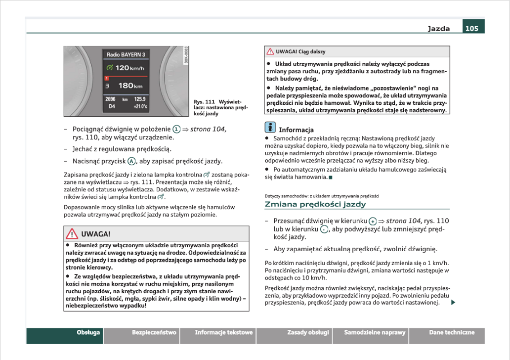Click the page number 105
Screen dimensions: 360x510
472,29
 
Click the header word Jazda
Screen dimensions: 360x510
439,29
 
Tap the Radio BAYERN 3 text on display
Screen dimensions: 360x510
126,54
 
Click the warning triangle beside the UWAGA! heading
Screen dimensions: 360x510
72,234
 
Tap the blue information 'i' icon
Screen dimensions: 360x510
270,127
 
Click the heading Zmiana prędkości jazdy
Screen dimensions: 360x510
315,204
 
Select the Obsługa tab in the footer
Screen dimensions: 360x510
88,333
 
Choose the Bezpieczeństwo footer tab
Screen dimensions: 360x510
154,333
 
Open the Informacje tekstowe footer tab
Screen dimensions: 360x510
223,333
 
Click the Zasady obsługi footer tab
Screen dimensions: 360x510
308,333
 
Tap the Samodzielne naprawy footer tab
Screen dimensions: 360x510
375,333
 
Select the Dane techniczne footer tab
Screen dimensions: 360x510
452,333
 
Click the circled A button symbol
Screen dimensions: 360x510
131,161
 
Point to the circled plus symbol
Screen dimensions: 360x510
373,221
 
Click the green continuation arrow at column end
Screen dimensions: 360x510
452,303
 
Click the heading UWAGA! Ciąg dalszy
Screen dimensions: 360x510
300,51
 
